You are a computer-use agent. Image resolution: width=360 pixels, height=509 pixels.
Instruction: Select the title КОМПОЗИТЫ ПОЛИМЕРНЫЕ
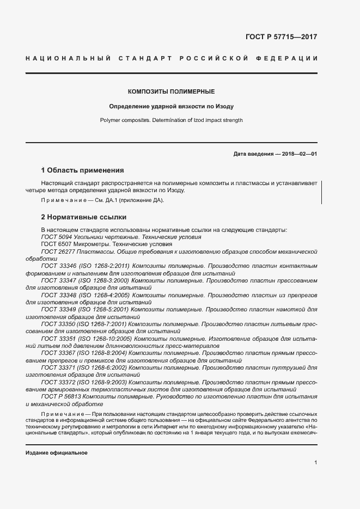point(171,91)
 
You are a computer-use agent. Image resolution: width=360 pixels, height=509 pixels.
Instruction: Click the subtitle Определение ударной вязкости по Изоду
point(171,106)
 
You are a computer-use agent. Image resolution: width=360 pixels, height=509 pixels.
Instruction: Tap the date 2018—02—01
point(298,154)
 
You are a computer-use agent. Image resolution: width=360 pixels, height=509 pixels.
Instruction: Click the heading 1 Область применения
point(83,170)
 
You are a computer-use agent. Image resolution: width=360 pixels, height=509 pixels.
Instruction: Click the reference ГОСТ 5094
point(57,237)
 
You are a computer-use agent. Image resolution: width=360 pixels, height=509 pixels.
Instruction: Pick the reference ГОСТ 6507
point(57,244)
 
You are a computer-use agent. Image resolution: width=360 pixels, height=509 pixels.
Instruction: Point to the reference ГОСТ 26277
point(58,252)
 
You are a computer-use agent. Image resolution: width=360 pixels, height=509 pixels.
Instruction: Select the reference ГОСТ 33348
point(58,295)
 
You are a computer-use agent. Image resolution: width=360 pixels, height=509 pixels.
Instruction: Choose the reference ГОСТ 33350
point(58,323)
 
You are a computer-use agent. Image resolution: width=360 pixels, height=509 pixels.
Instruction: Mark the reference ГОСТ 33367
point(58,353)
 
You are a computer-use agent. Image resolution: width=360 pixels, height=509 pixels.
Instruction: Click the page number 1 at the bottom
point(315,463)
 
